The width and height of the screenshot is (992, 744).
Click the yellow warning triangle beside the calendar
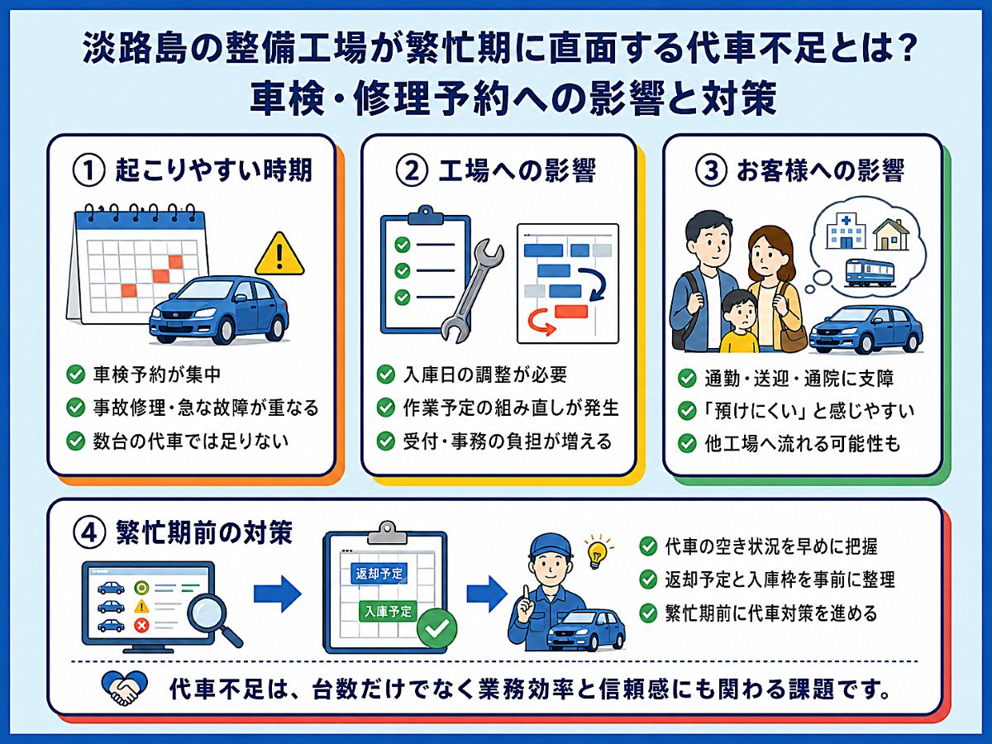click(x=279, y=255)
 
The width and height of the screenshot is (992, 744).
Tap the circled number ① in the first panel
click(x=88, y=171)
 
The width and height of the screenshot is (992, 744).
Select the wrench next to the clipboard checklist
click(x=471, y=289)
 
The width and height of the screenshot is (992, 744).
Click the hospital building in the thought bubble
click(x=845, y=231)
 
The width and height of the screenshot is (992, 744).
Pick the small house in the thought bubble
click(x=891, y=234)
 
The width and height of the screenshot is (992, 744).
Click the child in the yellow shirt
click(x=740, y=322)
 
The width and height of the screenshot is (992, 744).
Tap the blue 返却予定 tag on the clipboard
click(x=379, y=574)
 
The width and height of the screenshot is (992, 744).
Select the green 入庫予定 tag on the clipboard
click(x=388, y=611)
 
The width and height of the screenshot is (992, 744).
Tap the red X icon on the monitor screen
click(x=142, y=626)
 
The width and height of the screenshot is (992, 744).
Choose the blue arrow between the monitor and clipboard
click(x=277, y=593)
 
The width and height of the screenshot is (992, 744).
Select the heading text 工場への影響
click(x=517, y=171)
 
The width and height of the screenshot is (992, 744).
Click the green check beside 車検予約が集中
click(x=76, y=374)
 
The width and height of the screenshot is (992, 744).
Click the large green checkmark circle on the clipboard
click(x=437, y=627)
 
